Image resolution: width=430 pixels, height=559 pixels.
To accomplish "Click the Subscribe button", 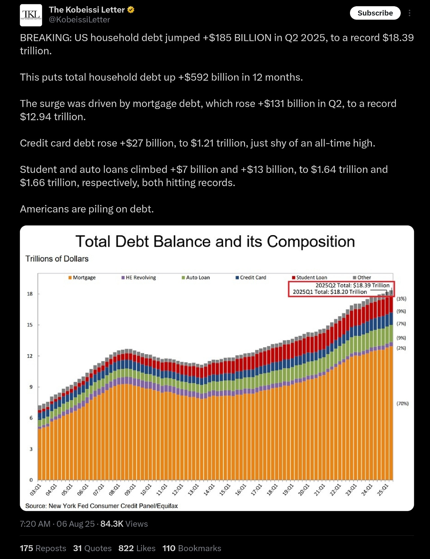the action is (375, 13).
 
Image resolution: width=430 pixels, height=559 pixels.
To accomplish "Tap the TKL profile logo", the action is (31, 15).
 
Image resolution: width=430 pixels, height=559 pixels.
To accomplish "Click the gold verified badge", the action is (131, 10).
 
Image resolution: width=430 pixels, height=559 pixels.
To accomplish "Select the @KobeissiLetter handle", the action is (79, 20).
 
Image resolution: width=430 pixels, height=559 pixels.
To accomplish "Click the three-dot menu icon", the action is (409, 13).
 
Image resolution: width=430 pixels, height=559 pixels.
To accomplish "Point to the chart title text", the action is (215, 241).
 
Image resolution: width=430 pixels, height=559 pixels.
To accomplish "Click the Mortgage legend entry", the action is (82, 277).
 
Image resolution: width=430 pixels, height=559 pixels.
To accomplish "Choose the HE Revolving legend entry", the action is (139, 277).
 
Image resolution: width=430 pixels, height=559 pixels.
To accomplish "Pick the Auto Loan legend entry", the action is (196, 277).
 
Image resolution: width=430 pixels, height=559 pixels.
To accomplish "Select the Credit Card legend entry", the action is (251, 277).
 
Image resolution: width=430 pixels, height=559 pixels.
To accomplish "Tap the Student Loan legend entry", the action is (310, 277).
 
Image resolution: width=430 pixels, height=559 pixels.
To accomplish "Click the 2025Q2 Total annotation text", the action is (353, 285).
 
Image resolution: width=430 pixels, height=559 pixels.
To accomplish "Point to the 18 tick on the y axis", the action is (30, 294).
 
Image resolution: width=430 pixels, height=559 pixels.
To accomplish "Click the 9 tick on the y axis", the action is (31, 387).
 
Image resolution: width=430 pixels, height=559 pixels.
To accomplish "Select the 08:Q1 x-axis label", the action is (115, 489).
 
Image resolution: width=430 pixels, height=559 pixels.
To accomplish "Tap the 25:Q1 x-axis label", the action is (383, 489).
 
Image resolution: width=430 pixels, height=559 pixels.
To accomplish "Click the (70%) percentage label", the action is (402, 404).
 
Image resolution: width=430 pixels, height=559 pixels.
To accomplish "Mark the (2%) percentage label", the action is (401, 348).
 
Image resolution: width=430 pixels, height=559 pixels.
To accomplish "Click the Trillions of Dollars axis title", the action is (57, 259).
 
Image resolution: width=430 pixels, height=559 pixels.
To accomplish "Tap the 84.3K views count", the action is (112, 524).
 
